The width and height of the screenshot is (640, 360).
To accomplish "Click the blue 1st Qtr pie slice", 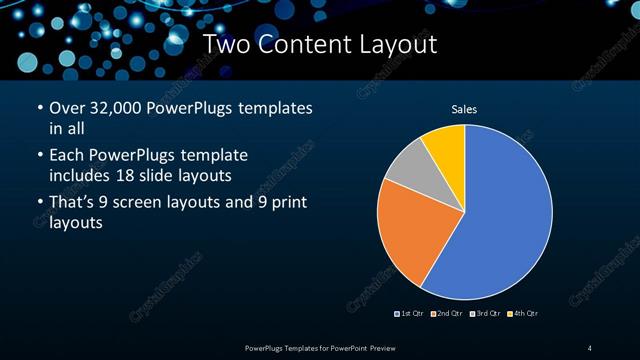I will click(500, 220).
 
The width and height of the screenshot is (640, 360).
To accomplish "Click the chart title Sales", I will click(464, 109).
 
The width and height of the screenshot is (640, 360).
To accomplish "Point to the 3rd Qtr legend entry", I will click(484, 314).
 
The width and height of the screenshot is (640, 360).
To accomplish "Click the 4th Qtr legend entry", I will click(521, 314).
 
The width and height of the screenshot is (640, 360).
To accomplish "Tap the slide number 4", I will click(590, 347).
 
